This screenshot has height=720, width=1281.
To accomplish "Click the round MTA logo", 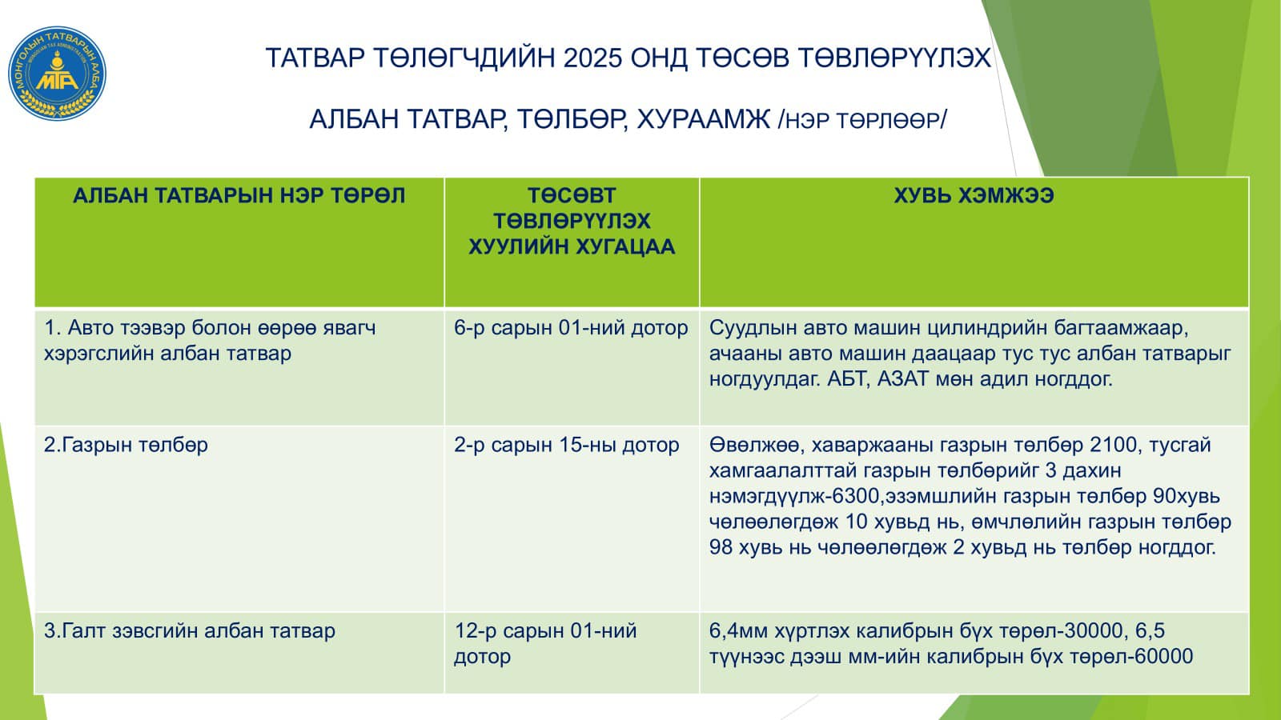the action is [x=57, y=73].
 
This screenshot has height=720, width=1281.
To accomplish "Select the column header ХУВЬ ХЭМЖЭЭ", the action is [x=974, y=196].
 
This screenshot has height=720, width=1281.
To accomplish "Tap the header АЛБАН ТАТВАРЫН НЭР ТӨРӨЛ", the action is [x=239, y=196].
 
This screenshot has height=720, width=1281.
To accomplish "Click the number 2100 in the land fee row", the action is [x=1114, y=445].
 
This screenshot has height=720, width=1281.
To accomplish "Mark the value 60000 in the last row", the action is [x=1161, y=657].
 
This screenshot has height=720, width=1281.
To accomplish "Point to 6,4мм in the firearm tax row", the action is [x=738, y=631].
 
